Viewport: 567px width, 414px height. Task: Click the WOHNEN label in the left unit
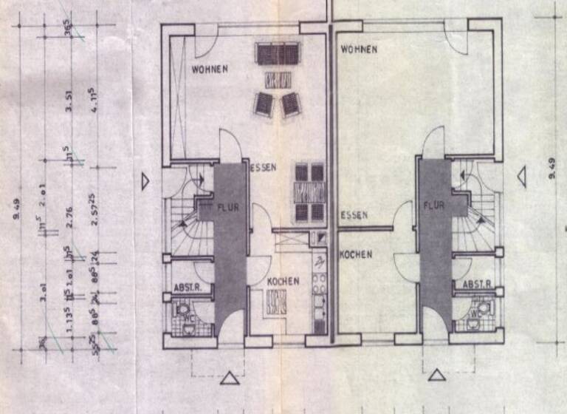(210, 69)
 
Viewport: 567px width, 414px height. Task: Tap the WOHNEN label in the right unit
(359, 50)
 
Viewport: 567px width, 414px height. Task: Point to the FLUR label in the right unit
(434, 206)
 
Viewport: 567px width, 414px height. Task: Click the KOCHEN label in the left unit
(283, 281)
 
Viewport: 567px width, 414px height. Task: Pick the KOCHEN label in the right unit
(356, 254)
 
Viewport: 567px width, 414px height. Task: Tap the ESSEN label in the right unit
(354, 216)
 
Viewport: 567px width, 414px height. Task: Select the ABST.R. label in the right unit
(477, 284)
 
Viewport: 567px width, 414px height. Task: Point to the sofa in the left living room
(278, 53)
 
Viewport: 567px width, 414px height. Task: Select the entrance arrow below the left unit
(231, 379)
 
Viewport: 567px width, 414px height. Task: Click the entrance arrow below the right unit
(439, 376)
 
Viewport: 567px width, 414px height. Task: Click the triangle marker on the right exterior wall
(521, 176)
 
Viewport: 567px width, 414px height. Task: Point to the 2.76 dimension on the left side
(69, 213)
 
